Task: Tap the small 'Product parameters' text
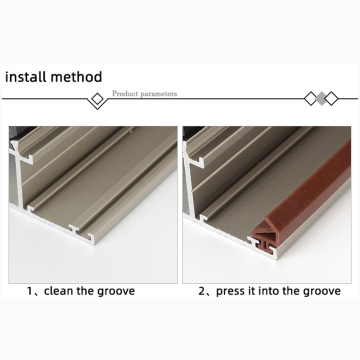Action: click(144, 93)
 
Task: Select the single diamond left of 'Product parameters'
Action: click(97, 99)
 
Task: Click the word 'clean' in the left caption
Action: click(67, 291)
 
